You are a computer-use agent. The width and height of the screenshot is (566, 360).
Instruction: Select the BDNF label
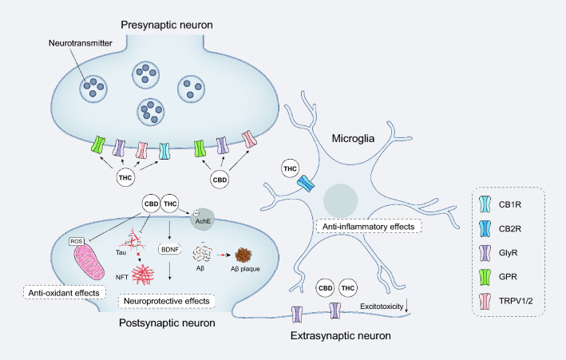click(x=168, y=248)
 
